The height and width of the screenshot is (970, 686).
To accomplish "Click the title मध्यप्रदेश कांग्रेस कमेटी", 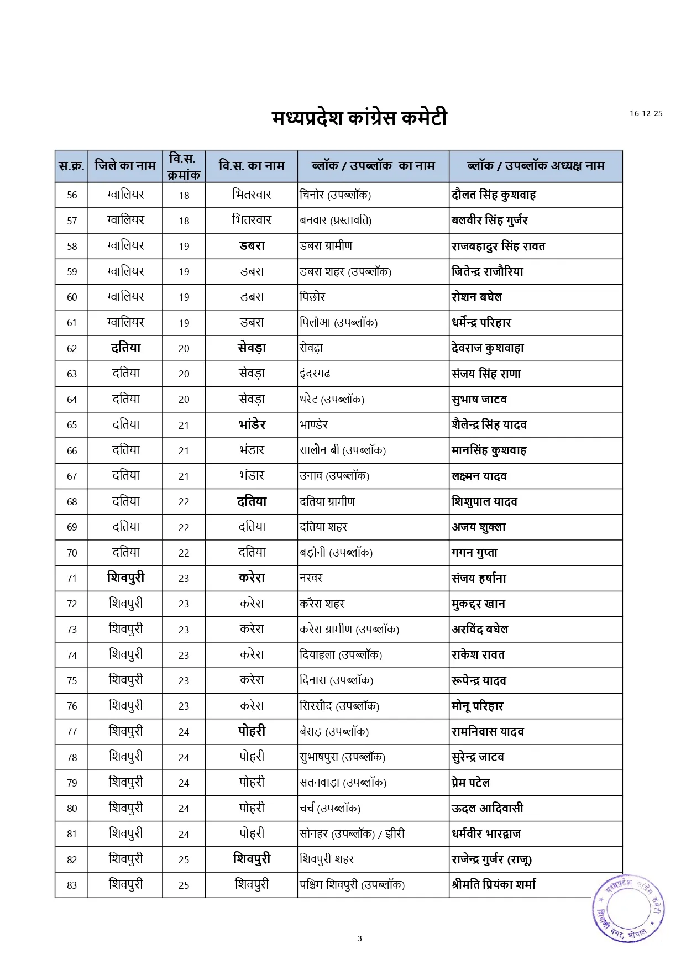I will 359,118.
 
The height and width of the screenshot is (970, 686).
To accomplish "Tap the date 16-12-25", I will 646,113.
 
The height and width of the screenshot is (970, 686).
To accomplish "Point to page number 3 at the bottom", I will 360,938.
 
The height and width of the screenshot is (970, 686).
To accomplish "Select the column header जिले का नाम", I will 125,166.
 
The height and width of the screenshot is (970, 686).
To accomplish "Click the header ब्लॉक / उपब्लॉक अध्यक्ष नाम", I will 535,166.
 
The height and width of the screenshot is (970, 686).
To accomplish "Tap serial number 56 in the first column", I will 72,195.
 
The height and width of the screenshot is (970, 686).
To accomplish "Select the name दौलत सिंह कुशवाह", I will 494,195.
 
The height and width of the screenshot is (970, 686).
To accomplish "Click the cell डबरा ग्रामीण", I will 326,246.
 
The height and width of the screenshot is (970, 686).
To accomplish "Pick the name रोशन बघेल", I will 476,297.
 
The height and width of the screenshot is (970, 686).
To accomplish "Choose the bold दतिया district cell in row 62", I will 125,348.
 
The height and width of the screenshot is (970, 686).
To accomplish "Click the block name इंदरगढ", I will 315,374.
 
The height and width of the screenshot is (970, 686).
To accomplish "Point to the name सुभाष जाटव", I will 479,400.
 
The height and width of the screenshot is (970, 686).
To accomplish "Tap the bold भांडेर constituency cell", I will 252,425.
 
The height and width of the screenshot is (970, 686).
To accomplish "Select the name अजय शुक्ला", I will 479,527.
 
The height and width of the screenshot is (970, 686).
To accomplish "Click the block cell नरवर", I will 311,578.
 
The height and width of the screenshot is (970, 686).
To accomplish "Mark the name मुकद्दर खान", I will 478,604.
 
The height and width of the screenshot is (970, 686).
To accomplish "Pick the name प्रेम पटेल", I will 471,783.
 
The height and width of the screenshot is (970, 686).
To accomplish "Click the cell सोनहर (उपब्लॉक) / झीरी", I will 352,833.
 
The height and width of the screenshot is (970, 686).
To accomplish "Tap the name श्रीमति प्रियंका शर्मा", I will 494,884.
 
